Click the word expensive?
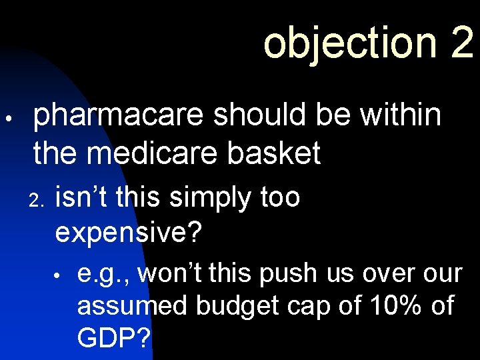click(x=129, y=233)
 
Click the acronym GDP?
click(x=115, y=338)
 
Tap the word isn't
click(x=83, y=197)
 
